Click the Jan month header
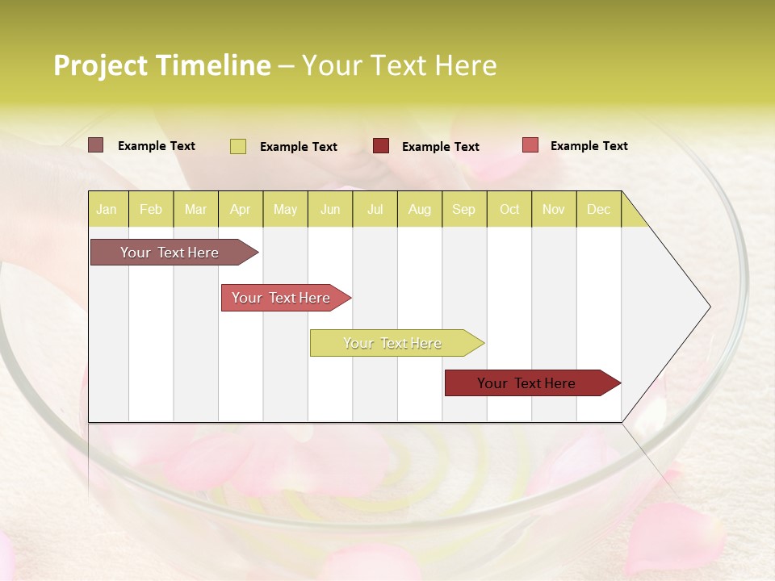click(107, 209)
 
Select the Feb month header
click(151, 209)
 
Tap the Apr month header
click(240, 209)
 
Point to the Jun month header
click(330, 209)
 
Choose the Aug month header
click(419, 209)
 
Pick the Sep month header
click(463, 209)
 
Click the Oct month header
click(509, 209)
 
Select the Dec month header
click(598, 209)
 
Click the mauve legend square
click(96, 145)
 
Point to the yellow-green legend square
click(238, 146)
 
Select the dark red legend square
click(381, 146)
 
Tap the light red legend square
click(530, 145)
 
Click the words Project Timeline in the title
click(162, 65)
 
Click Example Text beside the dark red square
click(440, 146)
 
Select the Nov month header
click(554, 209)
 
